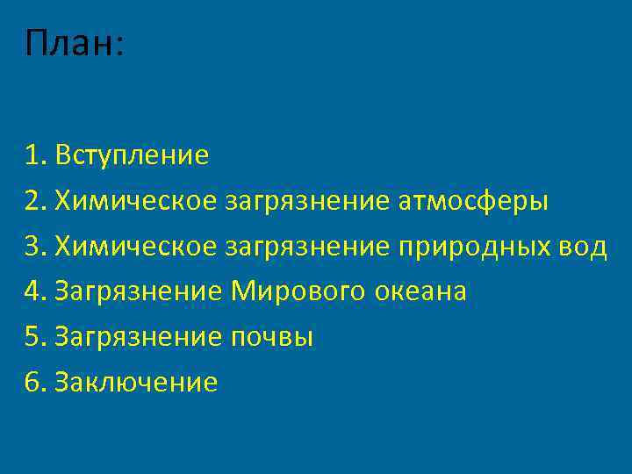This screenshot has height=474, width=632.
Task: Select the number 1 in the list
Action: [x=34, y=156]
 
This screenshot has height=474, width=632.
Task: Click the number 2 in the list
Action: [x=34, y=202]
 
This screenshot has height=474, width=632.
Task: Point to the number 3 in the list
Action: [x=34, y=247]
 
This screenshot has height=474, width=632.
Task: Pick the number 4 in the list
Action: [x=34, y=291]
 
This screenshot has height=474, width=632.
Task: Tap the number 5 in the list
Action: [x=34, y=337]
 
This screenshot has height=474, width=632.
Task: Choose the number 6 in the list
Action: [x=34, y=382]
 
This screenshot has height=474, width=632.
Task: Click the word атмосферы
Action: [x=473, y=202]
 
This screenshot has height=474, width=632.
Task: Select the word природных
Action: [x=474, y=247]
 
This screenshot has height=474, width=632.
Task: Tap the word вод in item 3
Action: [x=583, y=247]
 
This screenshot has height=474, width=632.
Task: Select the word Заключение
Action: [x=135, y=382]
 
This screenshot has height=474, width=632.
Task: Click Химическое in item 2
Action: [x=134, y=202]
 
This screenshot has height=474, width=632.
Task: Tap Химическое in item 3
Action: [x=134, y=247]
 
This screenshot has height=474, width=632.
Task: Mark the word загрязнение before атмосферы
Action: [x=307, y=202]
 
